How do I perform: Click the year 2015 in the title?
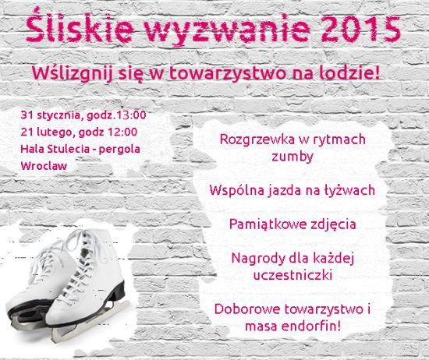tap(360, 28)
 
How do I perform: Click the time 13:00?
tap(131, 115)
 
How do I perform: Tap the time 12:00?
tap(122, 132)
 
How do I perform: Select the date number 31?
tap(27, 115)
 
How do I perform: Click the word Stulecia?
tap(69, 149)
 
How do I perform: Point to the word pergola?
tap(119, 150)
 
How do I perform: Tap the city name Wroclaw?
tap(44, 166)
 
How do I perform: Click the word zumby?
tap(292, 157)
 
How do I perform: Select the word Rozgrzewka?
tap(257, 140)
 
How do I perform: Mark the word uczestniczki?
tap(292, 275)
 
